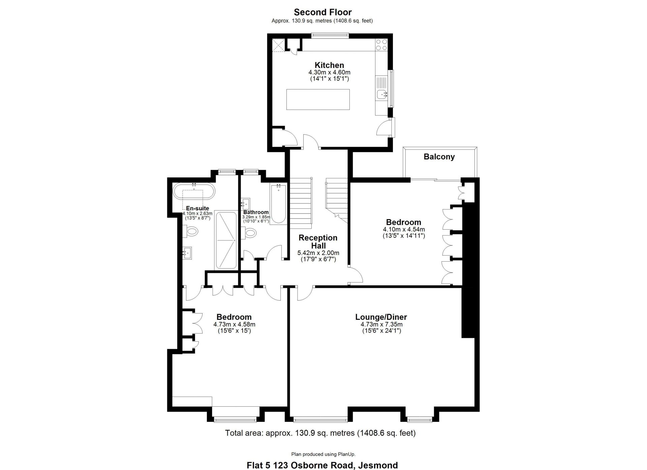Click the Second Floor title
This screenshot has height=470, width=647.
click(323, 12)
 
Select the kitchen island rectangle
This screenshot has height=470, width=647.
click(318, 99)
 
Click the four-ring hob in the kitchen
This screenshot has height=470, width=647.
click(381, 45)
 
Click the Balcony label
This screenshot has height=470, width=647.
click(439, 157)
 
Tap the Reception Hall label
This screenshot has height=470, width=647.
click(318, 242)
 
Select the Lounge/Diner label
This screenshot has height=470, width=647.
click(381, 317)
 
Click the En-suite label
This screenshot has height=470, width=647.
click(197, 208)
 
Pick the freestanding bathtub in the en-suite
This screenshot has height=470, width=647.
click(194, 192)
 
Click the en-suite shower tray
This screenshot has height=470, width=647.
click(226, 240)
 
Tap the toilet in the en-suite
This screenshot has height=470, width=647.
click(190, 231)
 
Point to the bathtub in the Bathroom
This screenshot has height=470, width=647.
click(279, 204)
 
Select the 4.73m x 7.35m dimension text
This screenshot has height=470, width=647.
click(381, 325)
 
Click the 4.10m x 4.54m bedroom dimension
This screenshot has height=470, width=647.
click(404, 230)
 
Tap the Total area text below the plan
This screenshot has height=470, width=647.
click(320, 433)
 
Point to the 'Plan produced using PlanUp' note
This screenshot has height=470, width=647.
click(323, 454)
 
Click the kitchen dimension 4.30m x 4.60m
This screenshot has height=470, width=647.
click(329, 72)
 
